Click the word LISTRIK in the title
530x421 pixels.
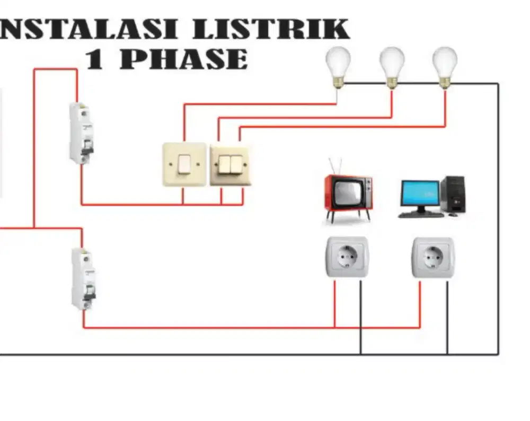(x=271, y=29)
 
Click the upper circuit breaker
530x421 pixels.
(x=81, y=133)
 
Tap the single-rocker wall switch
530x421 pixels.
(x=184, y=164)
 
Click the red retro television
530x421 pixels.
(x=348, y=194)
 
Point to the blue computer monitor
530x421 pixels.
(x=420, y=194)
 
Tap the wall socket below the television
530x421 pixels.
(x=347, y=257)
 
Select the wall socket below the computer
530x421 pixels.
(x=433, y=257)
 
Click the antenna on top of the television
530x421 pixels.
(x=335, y=165)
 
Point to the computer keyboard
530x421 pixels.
(x=421, y=215)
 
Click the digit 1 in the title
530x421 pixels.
(x=94, y=59)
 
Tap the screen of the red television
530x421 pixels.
(x=345, y=192)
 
